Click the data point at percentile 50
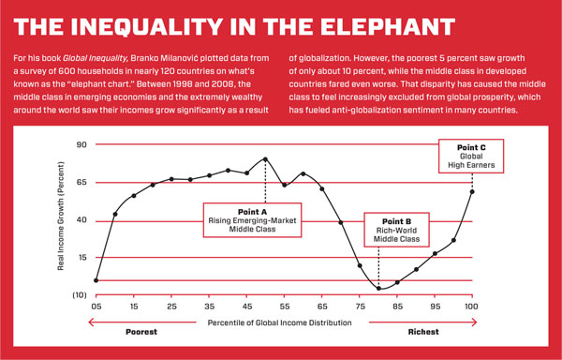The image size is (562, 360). pyautogui.click(x=265, y=159)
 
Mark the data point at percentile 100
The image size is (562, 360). pyautogui.click(x=471, y=192)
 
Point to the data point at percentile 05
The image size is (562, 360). pyautogui.click(x=96, y=280)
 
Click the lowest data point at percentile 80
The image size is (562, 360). pyautogui.click(x=378, y=288)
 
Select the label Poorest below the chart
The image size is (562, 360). pyautogui.click(x=142, y=333)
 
